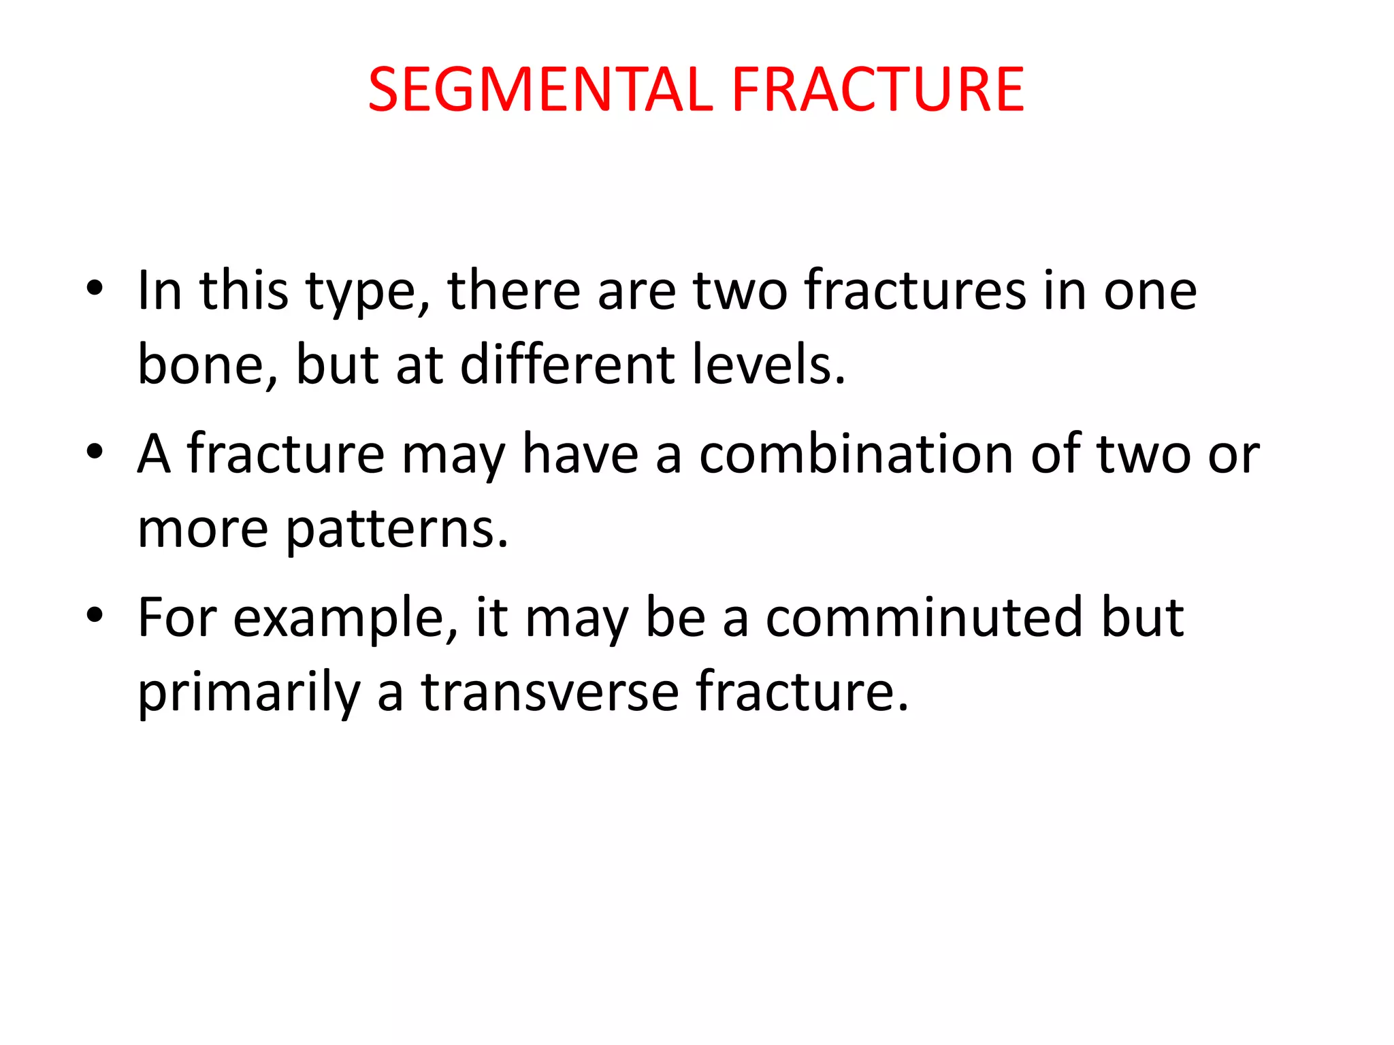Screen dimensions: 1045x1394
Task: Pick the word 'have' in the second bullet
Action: tap(580, 454)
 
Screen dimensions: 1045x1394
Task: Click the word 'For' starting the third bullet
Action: tap(177, 617)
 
